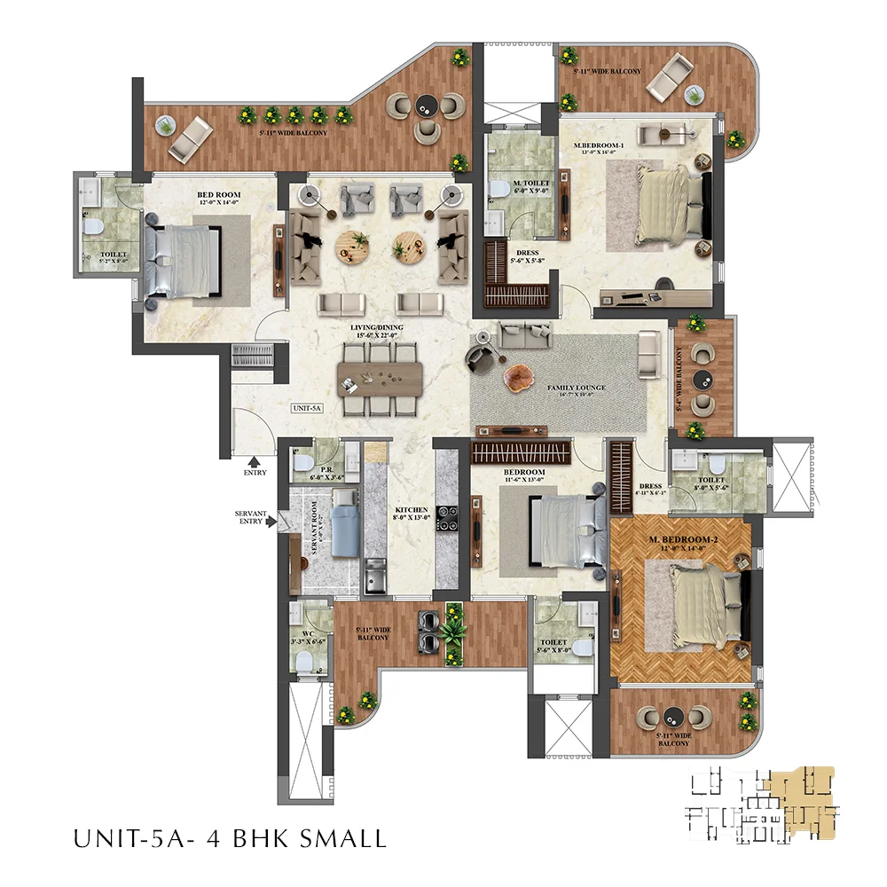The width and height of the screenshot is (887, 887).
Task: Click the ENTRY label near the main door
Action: [x=255, y=473]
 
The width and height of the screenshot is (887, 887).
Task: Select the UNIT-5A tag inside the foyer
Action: [x=305, y=409]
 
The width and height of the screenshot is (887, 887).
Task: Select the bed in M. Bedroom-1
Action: [x=671, y=205]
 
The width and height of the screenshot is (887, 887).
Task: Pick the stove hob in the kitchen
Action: [x=446, y=517]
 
